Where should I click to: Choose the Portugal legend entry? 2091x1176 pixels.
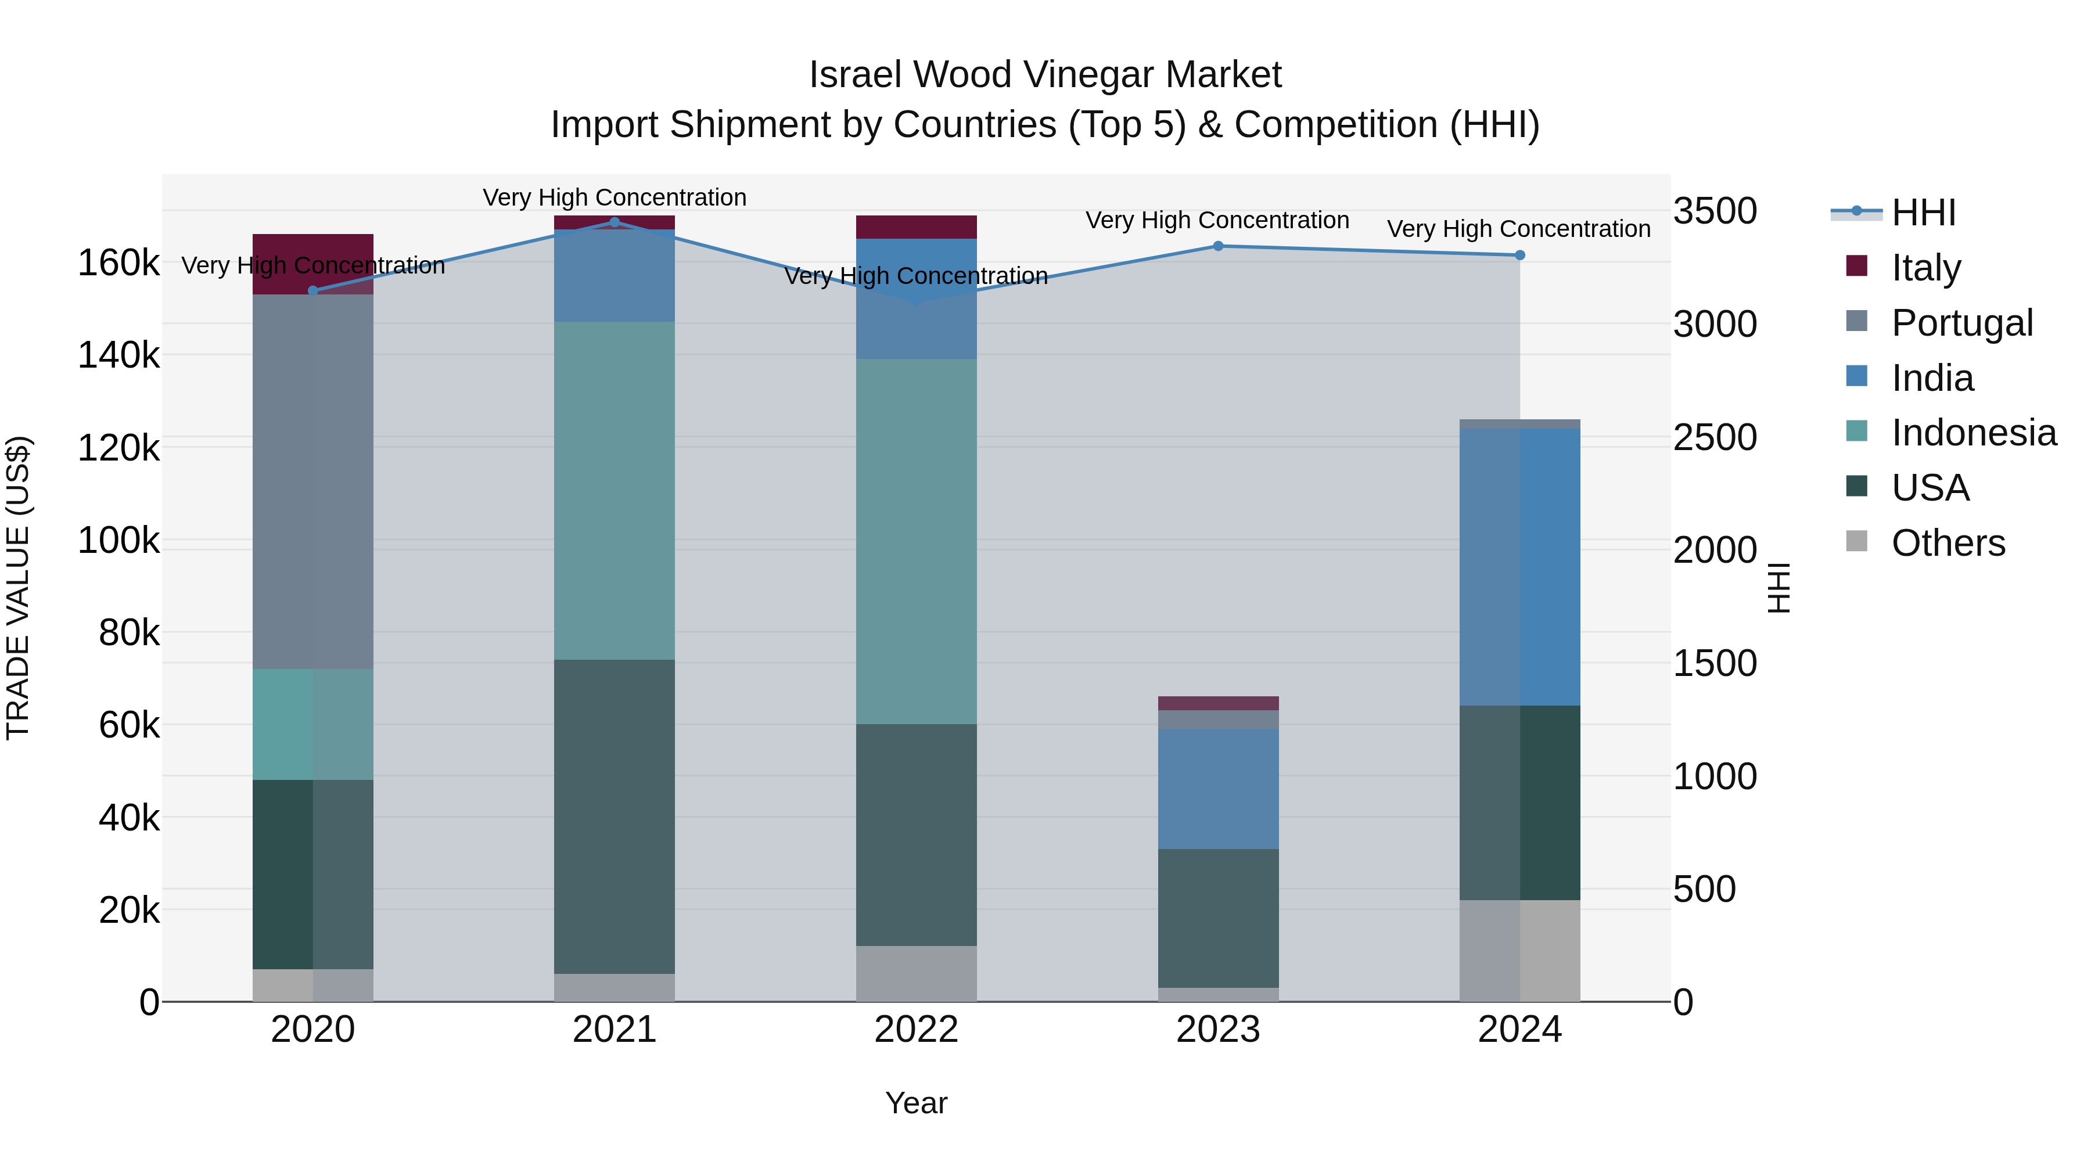click(x=1961, y=322)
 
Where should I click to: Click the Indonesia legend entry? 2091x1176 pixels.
click(x=1973, y=433)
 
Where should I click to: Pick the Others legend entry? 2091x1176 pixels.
click(x=1948, y=543)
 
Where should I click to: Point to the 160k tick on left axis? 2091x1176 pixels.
click(x=118, y=263)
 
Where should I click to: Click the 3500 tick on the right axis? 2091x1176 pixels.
click(x=1715, y=211)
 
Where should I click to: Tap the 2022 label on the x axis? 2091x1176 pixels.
click(x=917, y=1029)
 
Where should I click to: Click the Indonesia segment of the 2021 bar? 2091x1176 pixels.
click(x=615, y=490)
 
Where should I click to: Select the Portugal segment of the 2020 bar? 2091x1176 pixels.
click(x=312, y=481)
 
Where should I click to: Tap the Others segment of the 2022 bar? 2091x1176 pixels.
click(x=917, y=973)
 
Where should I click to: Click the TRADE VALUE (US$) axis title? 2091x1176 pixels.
click(x=19, y=588)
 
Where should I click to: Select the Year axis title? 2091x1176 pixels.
click(x=917, y=1103)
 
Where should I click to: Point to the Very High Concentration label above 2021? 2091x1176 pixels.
click(x=615, y=197)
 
